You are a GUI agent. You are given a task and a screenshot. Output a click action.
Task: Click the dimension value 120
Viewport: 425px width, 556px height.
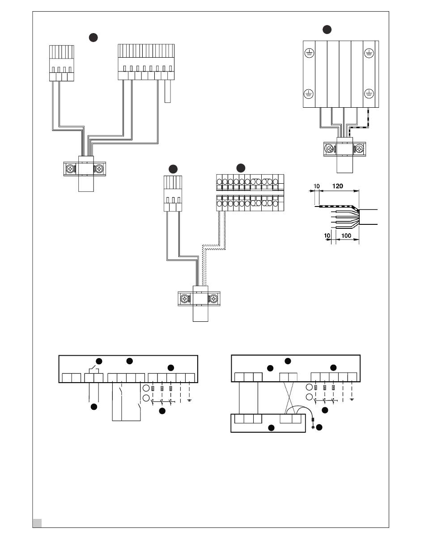tap(337, 186)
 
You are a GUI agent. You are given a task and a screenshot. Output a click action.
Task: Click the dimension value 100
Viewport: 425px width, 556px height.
tap(346, 236)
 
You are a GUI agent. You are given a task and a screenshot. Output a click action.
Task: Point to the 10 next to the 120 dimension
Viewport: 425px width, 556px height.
tap(317, 186)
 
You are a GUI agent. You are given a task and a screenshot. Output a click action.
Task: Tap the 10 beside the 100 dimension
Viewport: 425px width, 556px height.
tap(327, 236)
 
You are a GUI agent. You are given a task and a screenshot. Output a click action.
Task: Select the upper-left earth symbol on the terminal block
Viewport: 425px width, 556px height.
tap(309, 53)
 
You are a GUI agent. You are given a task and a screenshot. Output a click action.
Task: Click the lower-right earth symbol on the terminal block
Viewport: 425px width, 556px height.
tap(369, 94)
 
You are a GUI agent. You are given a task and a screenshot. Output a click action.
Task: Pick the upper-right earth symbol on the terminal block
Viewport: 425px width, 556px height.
tap(369, 53)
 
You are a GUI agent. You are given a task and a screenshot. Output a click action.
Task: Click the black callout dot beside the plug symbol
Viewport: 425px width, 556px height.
tap(319, 427)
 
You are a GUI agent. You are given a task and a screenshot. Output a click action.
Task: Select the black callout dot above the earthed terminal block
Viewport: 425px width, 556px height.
tap(327, 29)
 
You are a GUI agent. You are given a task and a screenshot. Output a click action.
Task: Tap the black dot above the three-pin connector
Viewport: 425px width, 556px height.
tap(173, 169)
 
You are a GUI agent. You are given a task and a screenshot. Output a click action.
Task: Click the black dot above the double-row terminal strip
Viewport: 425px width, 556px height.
tap(241, 168)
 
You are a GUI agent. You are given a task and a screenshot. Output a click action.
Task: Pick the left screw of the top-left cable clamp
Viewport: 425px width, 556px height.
tap(70, 168)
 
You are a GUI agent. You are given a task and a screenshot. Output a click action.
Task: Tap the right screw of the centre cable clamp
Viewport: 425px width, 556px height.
tap(213, 299)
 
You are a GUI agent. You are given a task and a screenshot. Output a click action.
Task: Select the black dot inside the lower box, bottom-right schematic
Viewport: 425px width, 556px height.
tap(271, 428)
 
